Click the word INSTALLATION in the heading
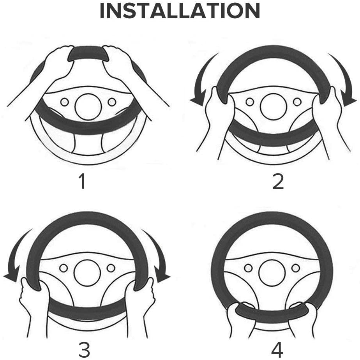tap(180, 11)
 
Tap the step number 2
tap(278, 182)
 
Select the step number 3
tap(84, 349)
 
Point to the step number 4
tap(277, 349)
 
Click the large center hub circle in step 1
tap(88, 106)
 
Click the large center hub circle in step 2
tap(274, 106)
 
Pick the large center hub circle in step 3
tap(88, 273)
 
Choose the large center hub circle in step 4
tap(272, 273)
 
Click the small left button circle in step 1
tap(65, 102)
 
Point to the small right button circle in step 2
tap(297, 102)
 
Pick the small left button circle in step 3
tap(64, 268)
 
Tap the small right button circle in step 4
tap(296, 268)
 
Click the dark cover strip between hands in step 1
tap(88, 53)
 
